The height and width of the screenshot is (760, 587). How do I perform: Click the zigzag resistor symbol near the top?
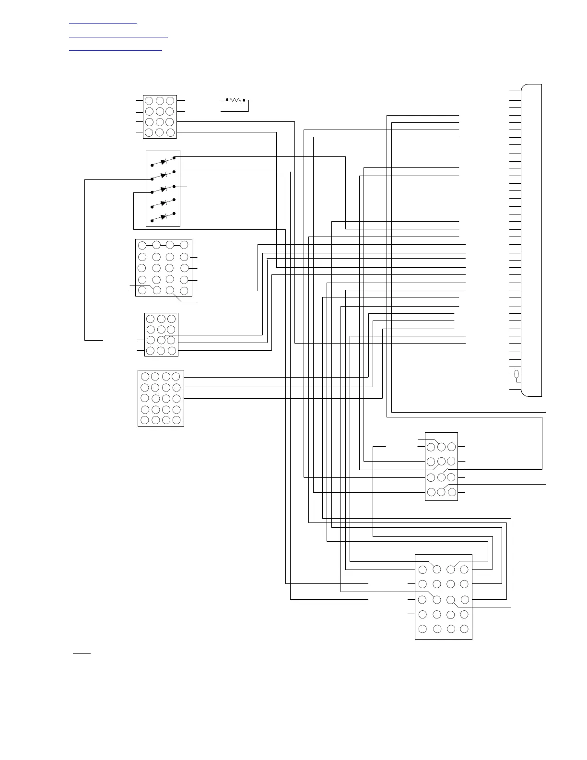tap(235, 100)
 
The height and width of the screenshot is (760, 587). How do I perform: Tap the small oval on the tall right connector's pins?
tap(517, 374)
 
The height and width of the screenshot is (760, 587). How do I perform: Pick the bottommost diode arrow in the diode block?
tap(164, 217)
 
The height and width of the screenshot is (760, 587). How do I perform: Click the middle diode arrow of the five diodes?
tap(164, 189)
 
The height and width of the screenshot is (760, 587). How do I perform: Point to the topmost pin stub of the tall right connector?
tap(515, 90)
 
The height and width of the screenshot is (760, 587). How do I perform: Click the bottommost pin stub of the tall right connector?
tap(515, 389)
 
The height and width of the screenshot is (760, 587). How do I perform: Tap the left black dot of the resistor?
tap(226, 100)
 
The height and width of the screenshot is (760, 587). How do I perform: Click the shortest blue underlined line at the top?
tap(103, 23)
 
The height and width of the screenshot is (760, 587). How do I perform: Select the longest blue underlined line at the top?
tap(118, 36)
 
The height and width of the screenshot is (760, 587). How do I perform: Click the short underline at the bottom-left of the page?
tap(82, 653)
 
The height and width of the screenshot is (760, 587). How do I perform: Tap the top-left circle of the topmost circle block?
tap(149, 101)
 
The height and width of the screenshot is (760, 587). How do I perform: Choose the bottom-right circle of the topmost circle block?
tap(170, 132)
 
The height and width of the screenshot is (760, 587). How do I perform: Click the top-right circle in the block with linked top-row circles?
tap(184, 245)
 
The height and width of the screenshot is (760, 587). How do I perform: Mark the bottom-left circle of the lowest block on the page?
tap(423, 629)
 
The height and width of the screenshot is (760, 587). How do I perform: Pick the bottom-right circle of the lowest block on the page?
tap(464, 629)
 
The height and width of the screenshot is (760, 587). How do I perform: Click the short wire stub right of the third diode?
tap(183, 187)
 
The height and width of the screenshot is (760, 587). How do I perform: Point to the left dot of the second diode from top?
tap(152, 178)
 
